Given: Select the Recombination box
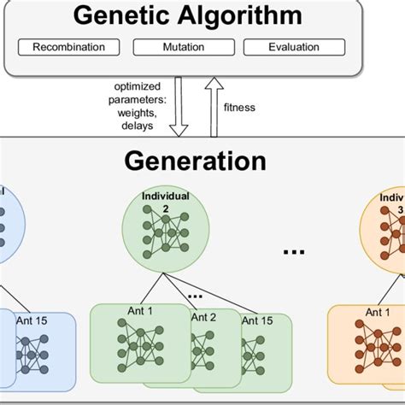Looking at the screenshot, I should pos(68,48).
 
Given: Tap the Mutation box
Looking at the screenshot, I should pos(183,48).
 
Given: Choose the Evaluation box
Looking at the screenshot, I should pos(295,48).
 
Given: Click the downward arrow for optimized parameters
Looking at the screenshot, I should pos(179,107).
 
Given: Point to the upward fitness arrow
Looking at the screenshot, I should pos(213,107).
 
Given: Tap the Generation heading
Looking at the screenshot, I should pos(195,161).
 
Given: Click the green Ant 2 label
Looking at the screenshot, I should pos(203,317).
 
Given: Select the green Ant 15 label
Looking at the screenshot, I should pos(258,320).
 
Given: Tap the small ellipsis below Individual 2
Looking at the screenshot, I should pos(195,295).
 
